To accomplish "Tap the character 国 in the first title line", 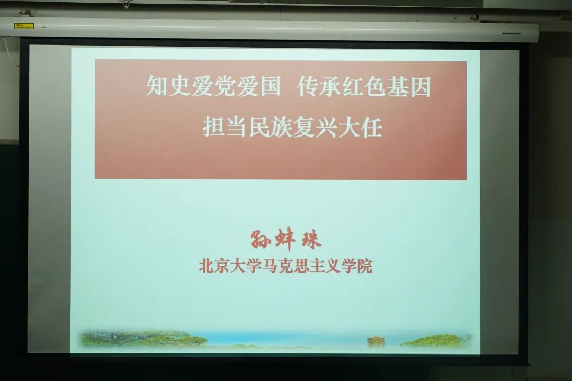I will [270, 87].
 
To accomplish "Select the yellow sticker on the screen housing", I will [24, 25].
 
